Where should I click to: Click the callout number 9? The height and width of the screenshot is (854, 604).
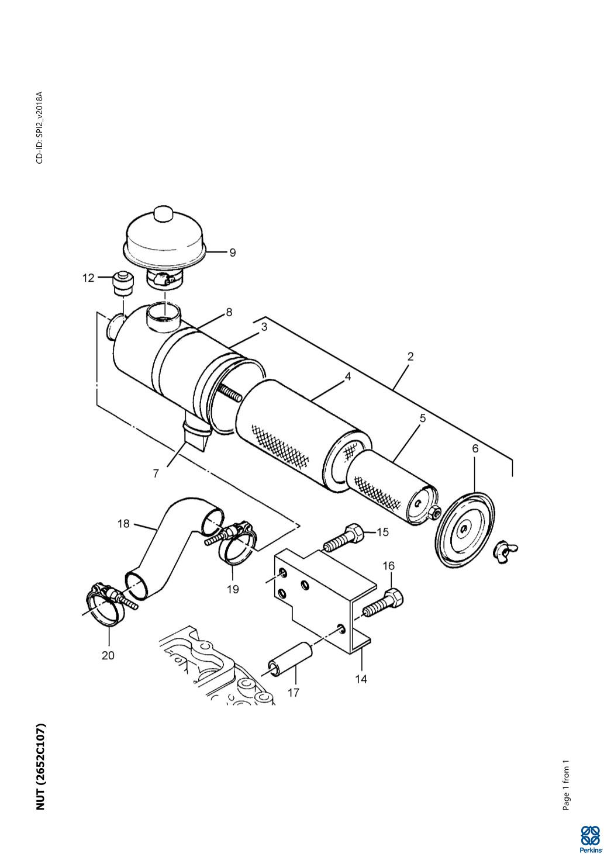point(233,253)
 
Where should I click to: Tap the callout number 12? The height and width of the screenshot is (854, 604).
point(88,278)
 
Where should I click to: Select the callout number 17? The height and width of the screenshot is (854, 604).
point(294,692)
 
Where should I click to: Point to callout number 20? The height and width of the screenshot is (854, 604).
point(108,655)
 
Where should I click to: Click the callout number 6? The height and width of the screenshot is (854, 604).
point(475,448)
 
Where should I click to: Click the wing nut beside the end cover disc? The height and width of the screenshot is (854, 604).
point(505,549)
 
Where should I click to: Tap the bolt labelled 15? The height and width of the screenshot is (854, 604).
point(344,538)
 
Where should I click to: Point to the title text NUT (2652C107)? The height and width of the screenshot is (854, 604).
point(41,767)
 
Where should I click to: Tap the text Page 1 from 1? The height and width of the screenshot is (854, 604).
point(565,785)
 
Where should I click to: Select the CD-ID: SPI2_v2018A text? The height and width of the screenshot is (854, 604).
point(40,127)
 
